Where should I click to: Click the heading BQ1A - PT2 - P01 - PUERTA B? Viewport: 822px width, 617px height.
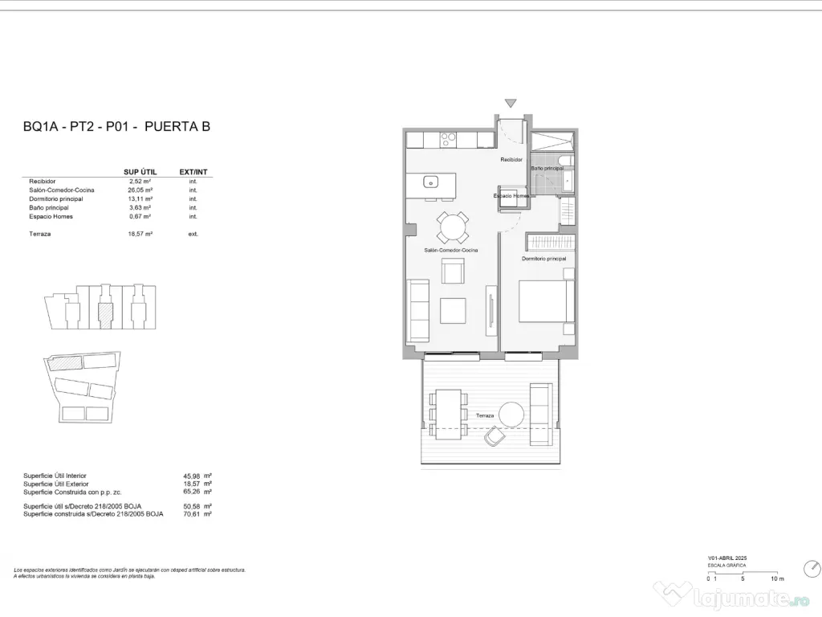[x=117, y=126]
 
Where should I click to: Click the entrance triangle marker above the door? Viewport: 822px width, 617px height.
[x=511, y=103]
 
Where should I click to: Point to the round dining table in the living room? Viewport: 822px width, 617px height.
[x=452, y=227]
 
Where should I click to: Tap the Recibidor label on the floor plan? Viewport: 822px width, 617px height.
[x=511, y=160]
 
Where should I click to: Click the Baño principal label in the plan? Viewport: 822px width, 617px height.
[x=546, y=167]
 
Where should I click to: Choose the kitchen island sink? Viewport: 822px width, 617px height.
[x=429, y=181]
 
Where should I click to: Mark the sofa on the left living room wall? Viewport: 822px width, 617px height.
[x=418, y=310]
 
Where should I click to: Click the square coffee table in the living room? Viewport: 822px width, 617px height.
[x=454, y=311]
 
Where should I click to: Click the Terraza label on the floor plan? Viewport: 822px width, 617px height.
[x=485, y=415]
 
